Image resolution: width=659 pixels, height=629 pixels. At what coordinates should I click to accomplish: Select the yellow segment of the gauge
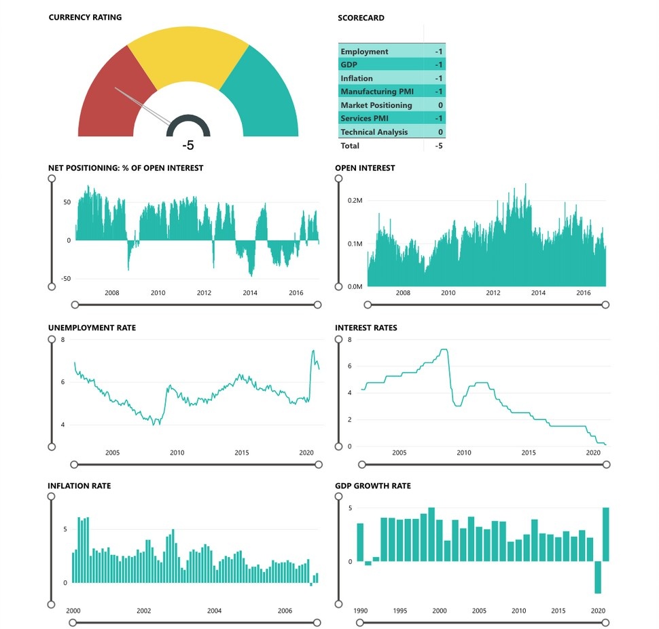coord(189,54)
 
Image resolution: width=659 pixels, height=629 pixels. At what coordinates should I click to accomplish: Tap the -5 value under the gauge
coord(188,145)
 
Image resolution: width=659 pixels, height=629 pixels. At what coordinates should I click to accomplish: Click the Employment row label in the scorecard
coord(364,52)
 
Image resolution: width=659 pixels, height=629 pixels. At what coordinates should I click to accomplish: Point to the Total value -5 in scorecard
coord(439,145)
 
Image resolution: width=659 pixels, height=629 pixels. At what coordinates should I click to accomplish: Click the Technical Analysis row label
coord(374,132)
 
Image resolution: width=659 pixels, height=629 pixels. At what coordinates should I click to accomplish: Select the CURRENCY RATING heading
coord(85,17)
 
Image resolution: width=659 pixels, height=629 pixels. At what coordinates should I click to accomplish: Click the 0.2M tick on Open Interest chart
coord(355,201)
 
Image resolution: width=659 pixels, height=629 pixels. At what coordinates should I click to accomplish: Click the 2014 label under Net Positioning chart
coord(250,293)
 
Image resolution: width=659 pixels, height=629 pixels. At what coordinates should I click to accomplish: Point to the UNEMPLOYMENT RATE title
coord(92,328)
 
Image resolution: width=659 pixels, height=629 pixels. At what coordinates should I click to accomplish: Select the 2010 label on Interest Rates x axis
coord(463,453)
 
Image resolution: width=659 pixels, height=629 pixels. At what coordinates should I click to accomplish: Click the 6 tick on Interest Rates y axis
coord(349,366)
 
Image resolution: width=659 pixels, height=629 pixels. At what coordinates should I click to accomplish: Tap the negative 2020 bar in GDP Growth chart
coord(598,577)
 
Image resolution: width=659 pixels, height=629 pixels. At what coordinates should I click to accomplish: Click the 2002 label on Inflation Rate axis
coord(143,611)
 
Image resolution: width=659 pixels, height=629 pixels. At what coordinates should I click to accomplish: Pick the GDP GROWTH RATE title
coord(372,486)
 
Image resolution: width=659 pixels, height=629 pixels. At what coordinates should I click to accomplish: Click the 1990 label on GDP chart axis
coord(360,611)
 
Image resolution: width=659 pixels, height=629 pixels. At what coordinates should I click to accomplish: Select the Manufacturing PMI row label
coord(382,92)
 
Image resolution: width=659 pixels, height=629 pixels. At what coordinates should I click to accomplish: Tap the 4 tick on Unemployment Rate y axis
coord(63,425)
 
